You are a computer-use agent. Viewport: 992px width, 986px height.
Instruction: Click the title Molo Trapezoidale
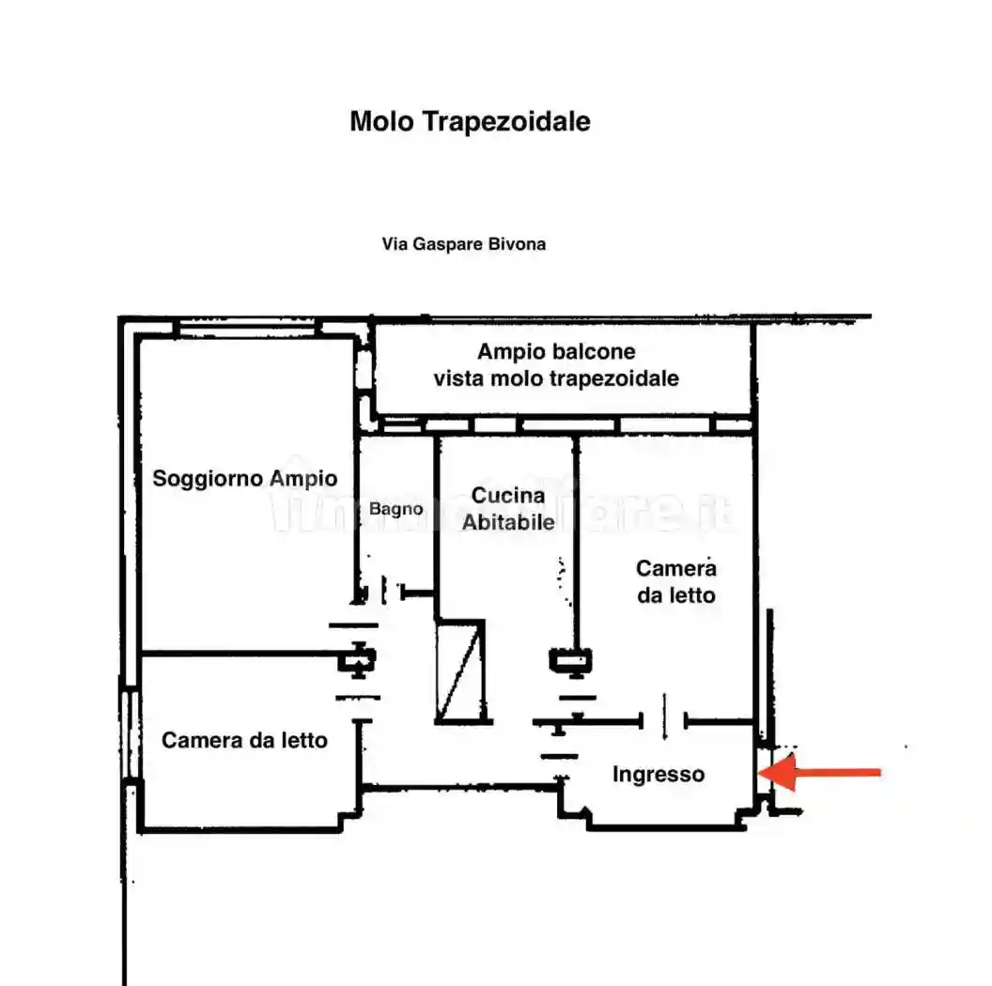click(470, 122)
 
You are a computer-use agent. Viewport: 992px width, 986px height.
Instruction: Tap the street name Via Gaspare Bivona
click(464, 244)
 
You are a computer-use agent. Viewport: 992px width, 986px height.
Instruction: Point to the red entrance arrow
click(819, 773)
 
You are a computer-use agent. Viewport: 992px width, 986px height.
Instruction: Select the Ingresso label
click(658, 775)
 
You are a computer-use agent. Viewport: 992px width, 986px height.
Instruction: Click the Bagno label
click(395, 509)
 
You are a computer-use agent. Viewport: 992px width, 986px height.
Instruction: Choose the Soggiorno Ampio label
click(245, 478)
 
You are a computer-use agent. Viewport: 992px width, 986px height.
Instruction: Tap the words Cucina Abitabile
click(508, 508)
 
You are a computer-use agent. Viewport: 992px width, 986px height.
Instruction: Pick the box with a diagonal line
click(462, 670)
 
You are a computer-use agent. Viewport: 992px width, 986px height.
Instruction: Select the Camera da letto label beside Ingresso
click(676, 581)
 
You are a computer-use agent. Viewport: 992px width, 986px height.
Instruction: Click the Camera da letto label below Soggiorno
click(245, 740)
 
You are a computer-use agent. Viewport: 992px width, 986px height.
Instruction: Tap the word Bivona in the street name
click(519, 244)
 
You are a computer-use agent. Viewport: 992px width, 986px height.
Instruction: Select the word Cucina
click(508, 496)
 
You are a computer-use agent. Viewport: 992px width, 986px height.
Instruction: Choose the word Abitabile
click(508, 521)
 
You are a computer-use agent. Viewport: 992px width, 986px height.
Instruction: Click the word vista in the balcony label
click(455, 378)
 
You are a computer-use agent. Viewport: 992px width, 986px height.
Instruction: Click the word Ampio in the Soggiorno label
click(303, 478)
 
